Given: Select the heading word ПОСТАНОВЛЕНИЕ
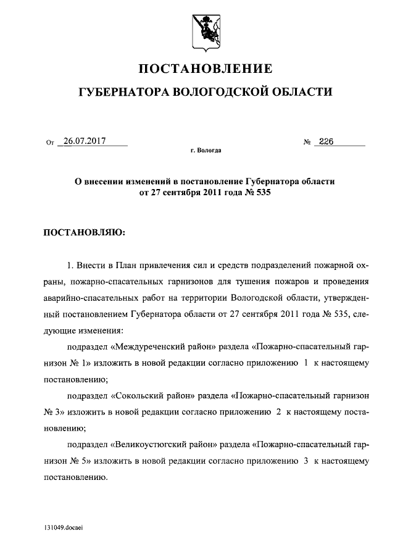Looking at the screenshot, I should [204, 67].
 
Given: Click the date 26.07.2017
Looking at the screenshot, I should [85, 141].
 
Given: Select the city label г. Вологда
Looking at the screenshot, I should [206, 150].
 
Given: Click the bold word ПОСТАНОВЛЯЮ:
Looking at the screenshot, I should [84, 233].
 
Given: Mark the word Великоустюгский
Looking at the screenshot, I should [154, 445].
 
